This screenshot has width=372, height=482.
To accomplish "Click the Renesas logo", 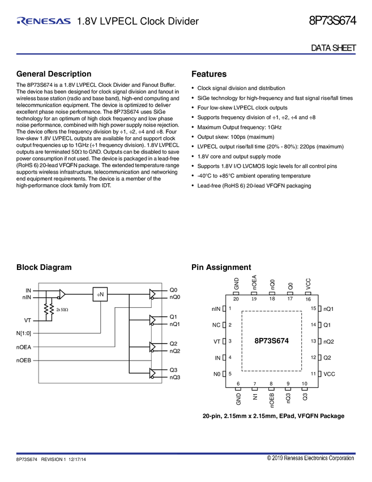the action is pyautogui.click(x=44, y=22).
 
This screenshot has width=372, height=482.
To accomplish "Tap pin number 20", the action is pyautogui.click(x=236, y=299).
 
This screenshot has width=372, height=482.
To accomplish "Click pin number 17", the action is pyautogui.click(x=290, y=299).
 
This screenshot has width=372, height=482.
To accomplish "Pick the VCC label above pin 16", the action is pyautogui.click(x=307, y=284).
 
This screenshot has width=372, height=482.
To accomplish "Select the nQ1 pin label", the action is pyautogui.click(x=328, y=309).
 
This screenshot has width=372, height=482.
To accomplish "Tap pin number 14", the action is pyautogui.click(x=313, y=325).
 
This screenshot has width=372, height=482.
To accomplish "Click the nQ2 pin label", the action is pyautogui.click(x=328, y=341).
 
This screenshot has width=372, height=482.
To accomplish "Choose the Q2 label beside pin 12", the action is pyautogui.click(x=327, y=358).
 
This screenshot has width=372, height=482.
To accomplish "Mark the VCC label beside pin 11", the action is pyautogui.click(x=329, y=374).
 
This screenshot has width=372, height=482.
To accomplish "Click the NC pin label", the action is pyautogui.click(x=216, y=325).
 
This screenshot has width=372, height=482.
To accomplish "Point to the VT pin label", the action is pyautogui.click(x=216, y=341).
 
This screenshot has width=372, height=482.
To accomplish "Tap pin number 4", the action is pyautogui.click(x=230, y=357).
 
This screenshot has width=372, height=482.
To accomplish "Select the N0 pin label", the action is pyautogui.click(x=216, y=374).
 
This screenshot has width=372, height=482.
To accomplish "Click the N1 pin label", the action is pyautogui.click(x=255, y=398).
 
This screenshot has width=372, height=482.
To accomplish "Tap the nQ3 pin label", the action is pyautogui.click(x=289, y=399).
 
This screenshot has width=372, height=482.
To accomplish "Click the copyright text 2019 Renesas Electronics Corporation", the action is pyautogui.click(x=311, y=458).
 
